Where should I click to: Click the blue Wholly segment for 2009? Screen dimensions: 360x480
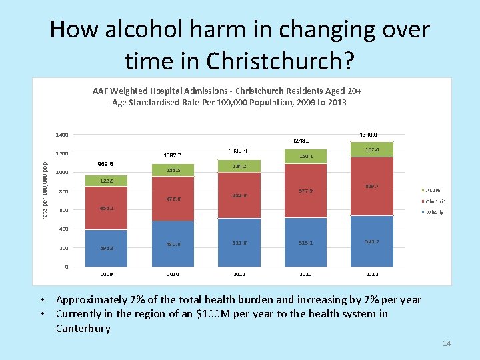click(x=106, y=248)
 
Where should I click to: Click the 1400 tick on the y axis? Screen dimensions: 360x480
click(x=61, y=135)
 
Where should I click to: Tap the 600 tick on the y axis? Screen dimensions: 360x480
click(x=63, y=211)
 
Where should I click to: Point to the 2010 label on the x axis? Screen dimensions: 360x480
click(x=173, y=274)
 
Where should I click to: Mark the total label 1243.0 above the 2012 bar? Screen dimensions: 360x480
click(x=301, y=141)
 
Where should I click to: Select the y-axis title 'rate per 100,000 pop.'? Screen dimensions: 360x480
click(x=45, y=187)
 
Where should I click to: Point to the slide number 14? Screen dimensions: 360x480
click(x=446, y=343)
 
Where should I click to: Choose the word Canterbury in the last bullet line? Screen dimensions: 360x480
click(x=83, y=329)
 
